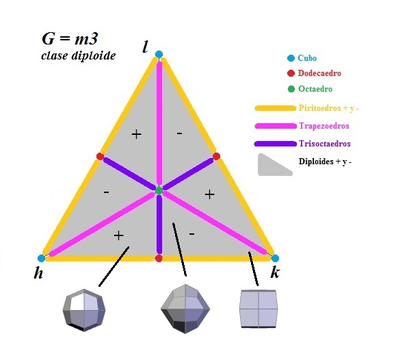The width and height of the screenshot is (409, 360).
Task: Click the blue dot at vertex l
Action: click(159, 54)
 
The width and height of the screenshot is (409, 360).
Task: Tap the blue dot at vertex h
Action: click(41, 258)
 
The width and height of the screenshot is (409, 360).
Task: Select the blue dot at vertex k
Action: click(275, 259)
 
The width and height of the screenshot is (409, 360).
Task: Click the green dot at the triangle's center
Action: click(159, 190)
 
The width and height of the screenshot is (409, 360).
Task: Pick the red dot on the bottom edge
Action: click(159, 259)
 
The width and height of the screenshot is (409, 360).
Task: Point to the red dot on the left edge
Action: click(100, 156)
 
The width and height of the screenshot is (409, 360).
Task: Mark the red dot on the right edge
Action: click(216, 156)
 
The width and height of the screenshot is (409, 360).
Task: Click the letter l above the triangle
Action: click(145, 47)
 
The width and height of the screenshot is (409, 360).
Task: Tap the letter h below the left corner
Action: click(38, 273)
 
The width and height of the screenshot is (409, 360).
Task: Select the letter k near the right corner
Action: click(275, 272)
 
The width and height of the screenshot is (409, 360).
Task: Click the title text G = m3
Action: click(70, 38)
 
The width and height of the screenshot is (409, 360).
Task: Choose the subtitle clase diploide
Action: click(78, 55)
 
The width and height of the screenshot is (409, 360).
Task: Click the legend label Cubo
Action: click(307, 58)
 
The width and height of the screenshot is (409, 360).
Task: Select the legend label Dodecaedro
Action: click(319, 73)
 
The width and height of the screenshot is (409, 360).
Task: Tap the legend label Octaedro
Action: click(315, 89)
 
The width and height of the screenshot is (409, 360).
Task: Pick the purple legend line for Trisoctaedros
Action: click(276, 144)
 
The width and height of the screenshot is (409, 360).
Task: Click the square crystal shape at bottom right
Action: click(259, 309)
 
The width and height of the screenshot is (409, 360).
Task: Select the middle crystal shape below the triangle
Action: click(185, 309)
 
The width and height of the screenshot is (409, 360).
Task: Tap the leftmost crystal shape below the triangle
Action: click(84, 310)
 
